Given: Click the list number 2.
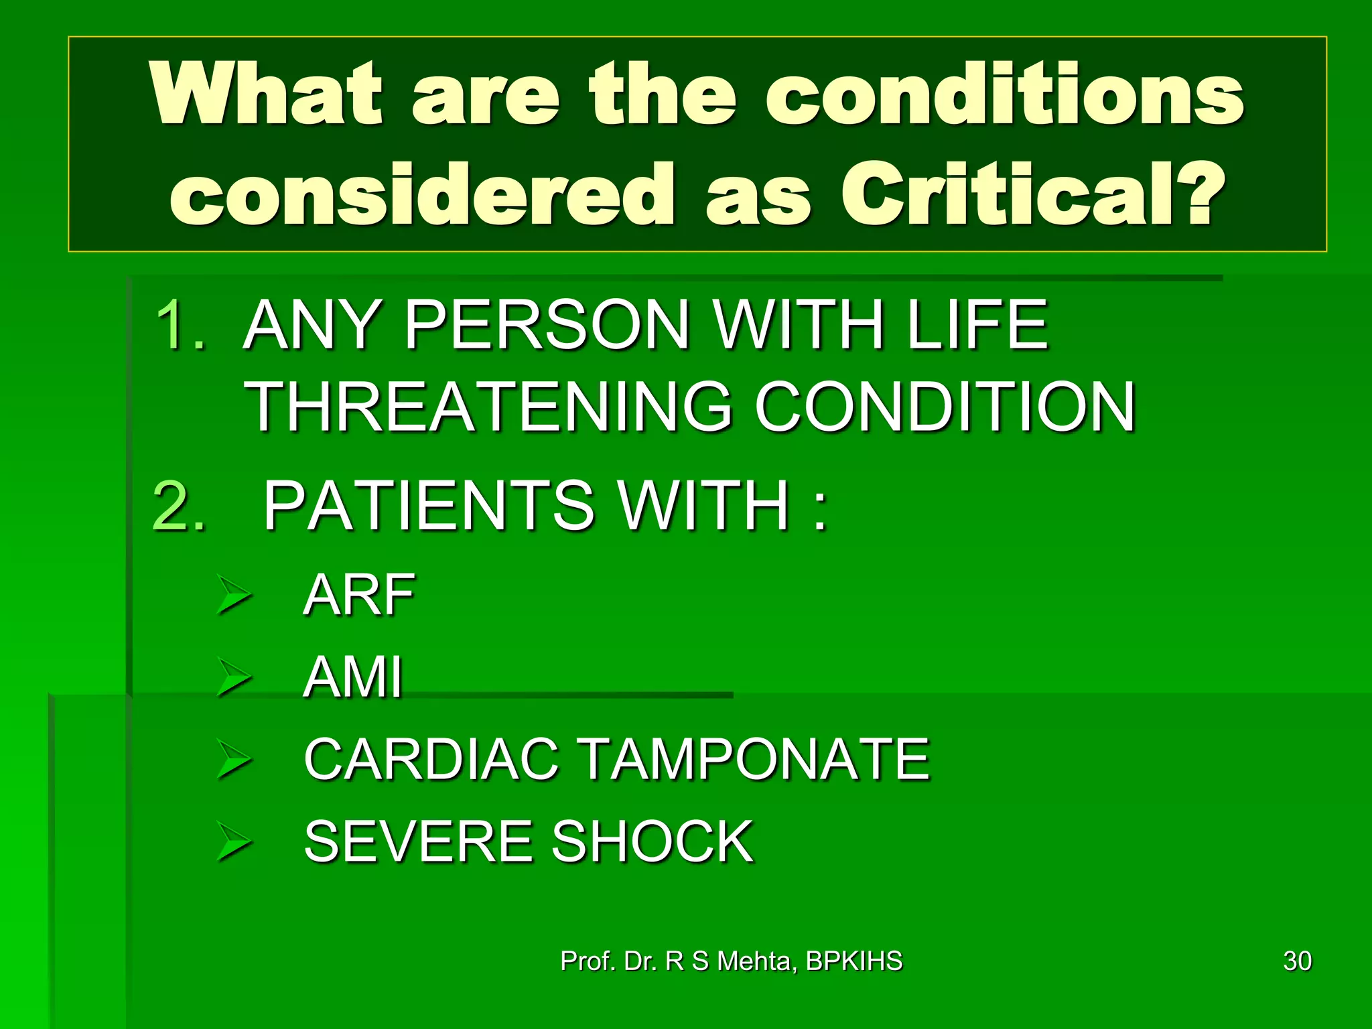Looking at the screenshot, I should pyautogui.click(x=178, y=505).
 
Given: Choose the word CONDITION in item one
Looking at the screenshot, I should pyautogui.click(x=945, y=407).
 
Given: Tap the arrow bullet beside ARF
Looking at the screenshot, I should pyautogui.click(x=234, y=595).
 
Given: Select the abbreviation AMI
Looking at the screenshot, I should pyautogui.click(x=353, y=677).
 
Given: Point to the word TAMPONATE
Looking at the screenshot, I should pyautogui.click(x=754, y=759).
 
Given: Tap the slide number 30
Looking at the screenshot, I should pyautogui.click(x=1297, y=961).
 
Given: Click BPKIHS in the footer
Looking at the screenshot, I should pyautogui.click(x=853, y=961).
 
